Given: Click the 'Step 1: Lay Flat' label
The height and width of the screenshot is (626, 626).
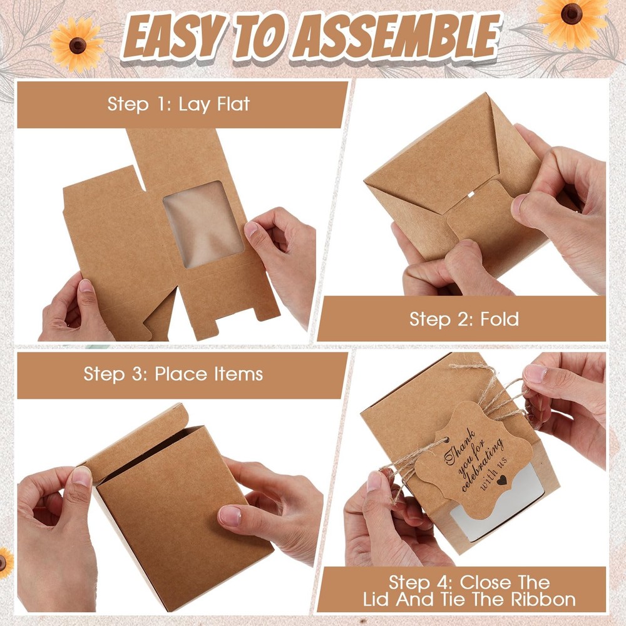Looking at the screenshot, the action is [x=178, y=104].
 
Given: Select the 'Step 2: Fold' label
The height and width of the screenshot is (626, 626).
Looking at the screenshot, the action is [x=464, y=319].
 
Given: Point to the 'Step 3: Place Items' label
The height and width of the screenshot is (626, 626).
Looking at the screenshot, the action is [x=173, y=374].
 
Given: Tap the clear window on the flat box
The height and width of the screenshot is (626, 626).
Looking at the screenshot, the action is [x=203, y=224].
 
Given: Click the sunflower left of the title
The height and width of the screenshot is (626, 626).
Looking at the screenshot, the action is [x=76, y=44].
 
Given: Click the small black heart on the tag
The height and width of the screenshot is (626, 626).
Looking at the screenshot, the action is [x=501, y=480].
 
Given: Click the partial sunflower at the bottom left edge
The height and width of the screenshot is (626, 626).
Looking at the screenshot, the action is [x=5, y=563].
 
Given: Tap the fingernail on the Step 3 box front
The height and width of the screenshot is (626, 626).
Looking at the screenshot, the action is [x=230, y=516].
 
